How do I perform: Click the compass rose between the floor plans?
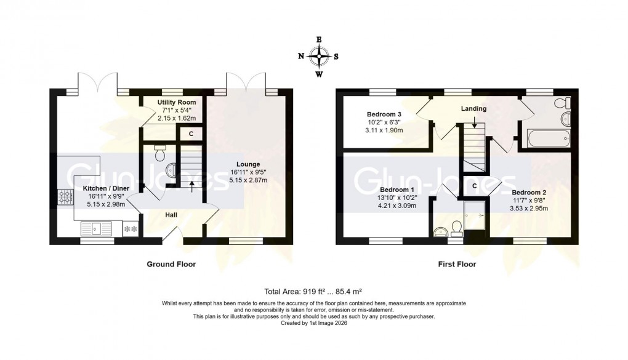tap(319, 57)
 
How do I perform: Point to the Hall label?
tap(172, 215)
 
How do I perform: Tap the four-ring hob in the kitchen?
tap(65, 198)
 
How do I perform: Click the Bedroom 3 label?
tap(384, 114)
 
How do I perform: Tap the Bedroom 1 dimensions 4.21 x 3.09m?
tap(396, 206)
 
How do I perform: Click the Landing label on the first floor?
tap(473, 109)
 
